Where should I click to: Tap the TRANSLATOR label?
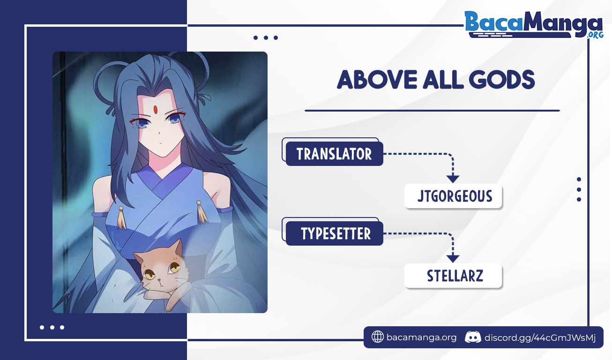tap(334, 154)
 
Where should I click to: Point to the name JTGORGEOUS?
tap(455, 196)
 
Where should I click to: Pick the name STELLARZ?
tap(455, 276)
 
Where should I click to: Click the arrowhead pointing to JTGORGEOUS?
tap(453, 179)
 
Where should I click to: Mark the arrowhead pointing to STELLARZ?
tap(453, 258)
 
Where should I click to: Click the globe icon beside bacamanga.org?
tap(377, 337)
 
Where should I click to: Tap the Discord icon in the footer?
tap(473, 337)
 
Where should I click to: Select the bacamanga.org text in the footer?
tap(421, 337)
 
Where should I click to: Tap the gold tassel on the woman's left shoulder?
tap(202, 213)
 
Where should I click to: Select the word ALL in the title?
tap(442, 80)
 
